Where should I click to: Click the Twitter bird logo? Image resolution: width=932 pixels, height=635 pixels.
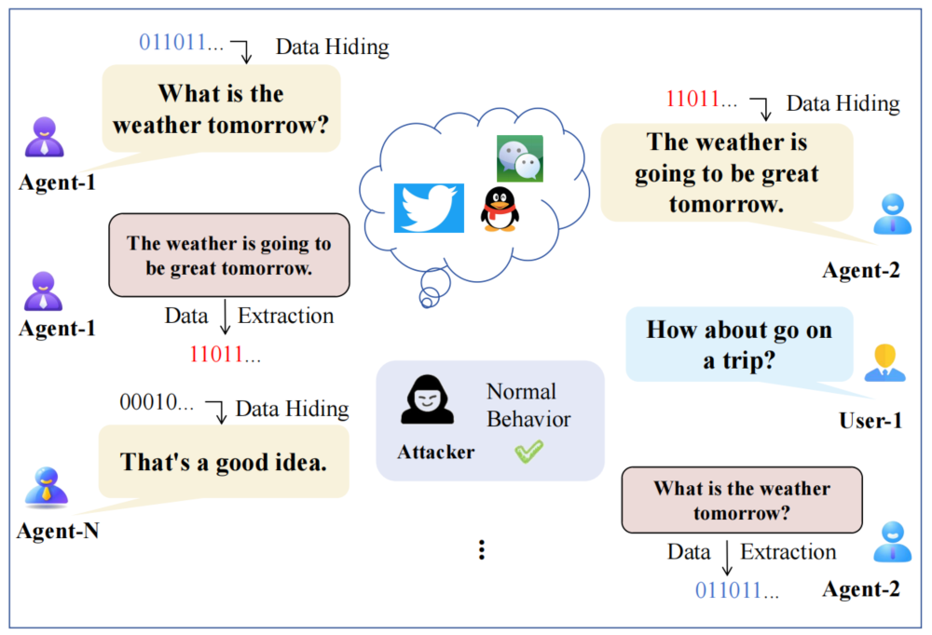(x=429, y=208)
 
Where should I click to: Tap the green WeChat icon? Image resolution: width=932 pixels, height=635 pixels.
(x=520, y=158)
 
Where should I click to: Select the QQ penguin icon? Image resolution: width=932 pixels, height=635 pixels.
(x=500, y=209)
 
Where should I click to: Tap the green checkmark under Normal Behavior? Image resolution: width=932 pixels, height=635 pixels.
(x=529, y=451)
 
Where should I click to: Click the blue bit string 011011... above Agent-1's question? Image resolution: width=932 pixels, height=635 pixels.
(x=182, y=43)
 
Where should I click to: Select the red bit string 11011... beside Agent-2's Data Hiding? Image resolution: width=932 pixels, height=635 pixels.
(x=702, y=100)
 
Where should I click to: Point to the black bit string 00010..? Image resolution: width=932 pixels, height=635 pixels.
(x=157, y=402)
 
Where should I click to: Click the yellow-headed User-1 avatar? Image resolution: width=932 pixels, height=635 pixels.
(x=885, y=362)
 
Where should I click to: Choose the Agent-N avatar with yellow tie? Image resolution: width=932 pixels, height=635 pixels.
(x=47, y=488)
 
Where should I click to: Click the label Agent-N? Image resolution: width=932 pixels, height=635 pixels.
(x=58, y=531)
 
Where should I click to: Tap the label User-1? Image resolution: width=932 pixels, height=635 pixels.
(x=870, y=421)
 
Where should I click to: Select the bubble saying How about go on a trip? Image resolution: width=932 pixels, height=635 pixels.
(x=739, y=345)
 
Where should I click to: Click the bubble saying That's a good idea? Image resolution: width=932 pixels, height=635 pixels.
(x=224, y=462)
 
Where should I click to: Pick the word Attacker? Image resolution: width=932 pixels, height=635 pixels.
(x=435, y=453)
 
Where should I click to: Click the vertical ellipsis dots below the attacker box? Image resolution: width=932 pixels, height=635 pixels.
(x=482, y=550)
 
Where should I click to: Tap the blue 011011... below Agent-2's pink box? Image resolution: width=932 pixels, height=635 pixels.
(x=737, y=590)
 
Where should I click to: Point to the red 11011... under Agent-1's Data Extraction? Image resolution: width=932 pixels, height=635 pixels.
(x=225, y=355)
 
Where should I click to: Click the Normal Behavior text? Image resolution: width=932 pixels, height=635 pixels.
(x=528, y=405)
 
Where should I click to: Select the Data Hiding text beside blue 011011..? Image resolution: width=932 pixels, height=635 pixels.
(x=333, y=47)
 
